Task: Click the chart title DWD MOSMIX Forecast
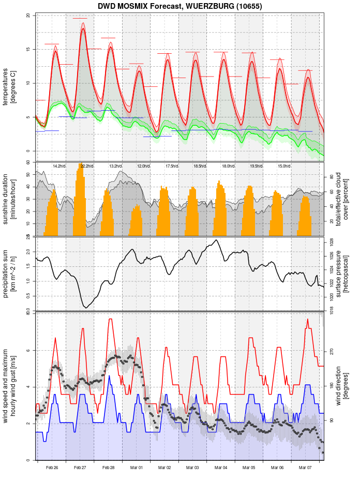[x=179, y=6]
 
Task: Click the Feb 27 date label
[x=80, y=468]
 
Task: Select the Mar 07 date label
[x=306, y=468]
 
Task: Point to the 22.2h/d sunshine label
[x=87, y=166]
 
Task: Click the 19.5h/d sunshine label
[x=256, y=166]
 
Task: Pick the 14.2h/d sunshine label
[x=59, y=166]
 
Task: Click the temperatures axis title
[x=9, y=83]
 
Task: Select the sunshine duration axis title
[x=9, y=199]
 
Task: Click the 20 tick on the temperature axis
[x=28, y=16]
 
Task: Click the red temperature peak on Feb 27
[x=83, y=29]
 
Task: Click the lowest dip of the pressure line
[x=85, y=308]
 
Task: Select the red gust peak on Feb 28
[x=110, y=319]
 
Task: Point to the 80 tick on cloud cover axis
[x=332, y=176]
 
